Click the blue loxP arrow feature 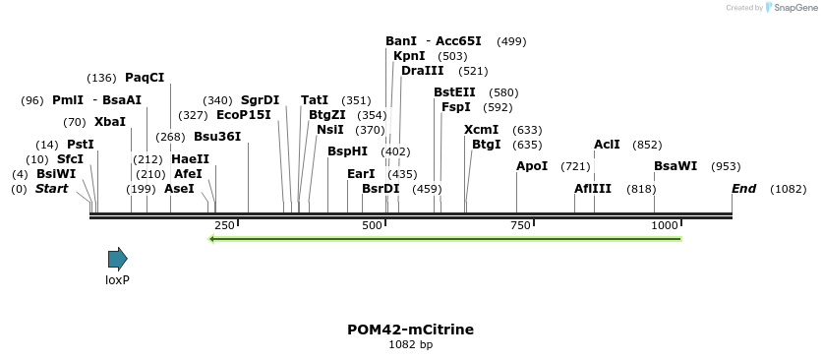[118, 260]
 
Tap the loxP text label [118, 280]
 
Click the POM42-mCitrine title [410, 330]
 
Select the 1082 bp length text [410, 344]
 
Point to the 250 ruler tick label [224, 225]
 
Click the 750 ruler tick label [519, 225]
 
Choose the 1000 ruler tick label [666, 225]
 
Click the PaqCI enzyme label [145, 78]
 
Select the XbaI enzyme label [110, 122]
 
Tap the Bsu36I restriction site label [217, 137]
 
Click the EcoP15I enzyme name [244, 114]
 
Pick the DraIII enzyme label [423, 71]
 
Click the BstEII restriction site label [454, 92]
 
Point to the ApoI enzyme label [532, 166]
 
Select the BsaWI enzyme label [675, 166]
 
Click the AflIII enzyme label [593, 188]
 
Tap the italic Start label [52, 188]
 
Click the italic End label [744, 188]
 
